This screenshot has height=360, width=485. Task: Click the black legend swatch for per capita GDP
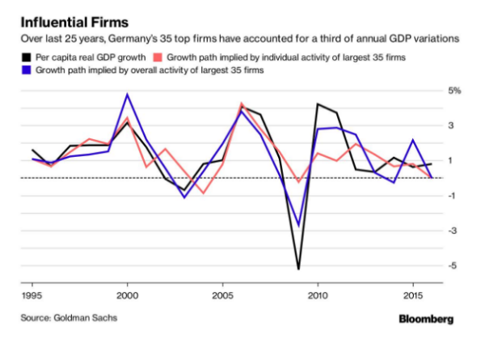point(26,58)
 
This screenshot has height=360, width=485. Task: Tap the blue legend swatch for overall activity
point(26,72)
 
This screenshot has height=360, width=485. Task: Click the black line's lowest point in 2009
point(298,269)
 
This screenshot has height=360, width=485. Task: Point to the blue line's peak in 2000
point(127,95)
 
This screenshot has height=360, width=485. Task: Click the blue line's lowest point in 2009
point(298,226)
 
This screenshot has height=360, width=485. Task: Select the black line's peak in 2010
point(318,104)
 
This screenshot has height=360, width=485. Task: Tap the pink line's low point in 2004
point(203,193)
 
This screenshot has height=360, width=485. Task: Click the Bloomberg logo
point(426,319)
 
